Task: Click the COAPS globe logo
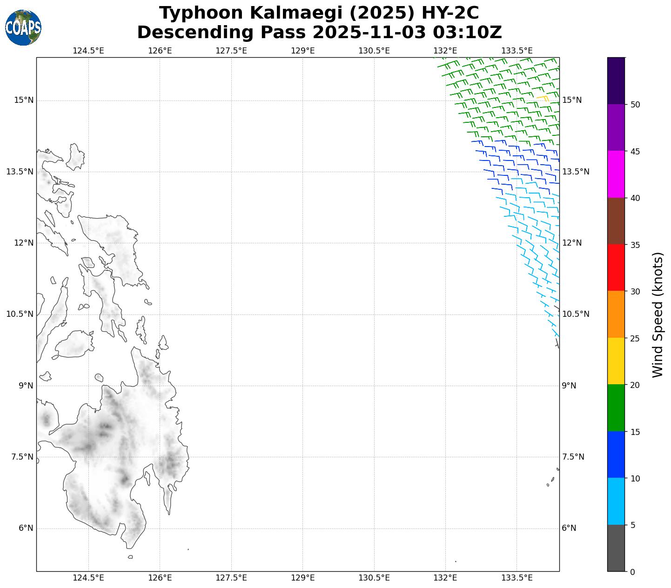tap(23, 27)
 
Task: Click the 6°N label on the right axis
tap(569, 528)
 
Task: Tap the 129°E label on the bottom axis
tap(303, 578)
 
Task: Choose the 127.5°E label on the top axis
tap(231, 50)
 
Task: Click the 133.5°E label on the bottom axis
tap(517, 578)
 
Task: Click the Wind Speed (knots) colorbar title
tap(657, 314)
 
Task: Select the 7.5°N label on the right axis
tap(573, 457)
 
